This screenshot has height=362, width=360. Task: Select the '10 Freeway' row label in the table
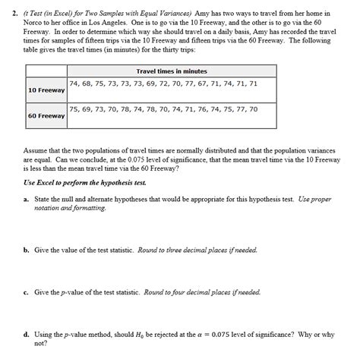coord(46,90)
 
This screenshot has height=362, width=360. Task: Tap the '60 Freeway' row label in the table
coord(46,116)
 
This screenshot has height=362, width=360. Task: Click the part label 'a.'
coord(27,197)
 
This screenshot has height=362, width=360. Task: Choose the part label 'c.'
coord(27,291)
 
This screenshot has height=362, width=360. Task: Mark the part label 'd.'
coord(27,334)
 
